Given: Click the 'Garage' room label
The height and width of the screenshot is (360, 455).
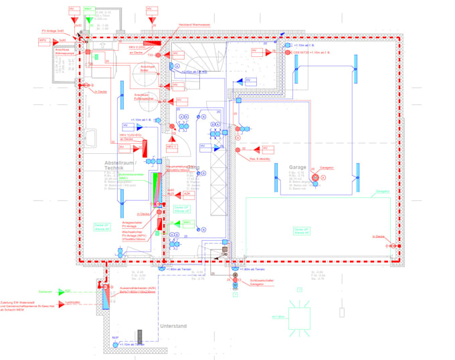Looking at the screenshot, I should [298, 167].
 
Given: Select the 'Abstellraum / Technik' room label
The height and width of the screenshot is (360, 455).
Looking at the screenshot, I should [121, 166].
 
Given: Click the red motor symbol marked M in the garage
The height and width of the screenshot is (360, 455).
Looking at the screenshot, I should [323, 177].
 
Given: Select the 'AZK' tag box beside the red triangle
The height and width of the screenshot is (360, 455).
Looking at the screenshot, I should [187, 193].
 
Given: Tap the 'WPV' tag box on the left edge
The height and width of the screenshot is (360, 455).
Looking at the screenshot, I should [42, 40].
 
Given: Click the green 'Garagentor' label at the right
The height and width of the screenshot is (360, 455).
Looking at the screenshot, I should [383, 191].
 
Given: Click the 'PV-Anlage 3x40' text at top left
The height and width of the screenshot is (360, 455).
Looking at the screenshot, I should [53, 31].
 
